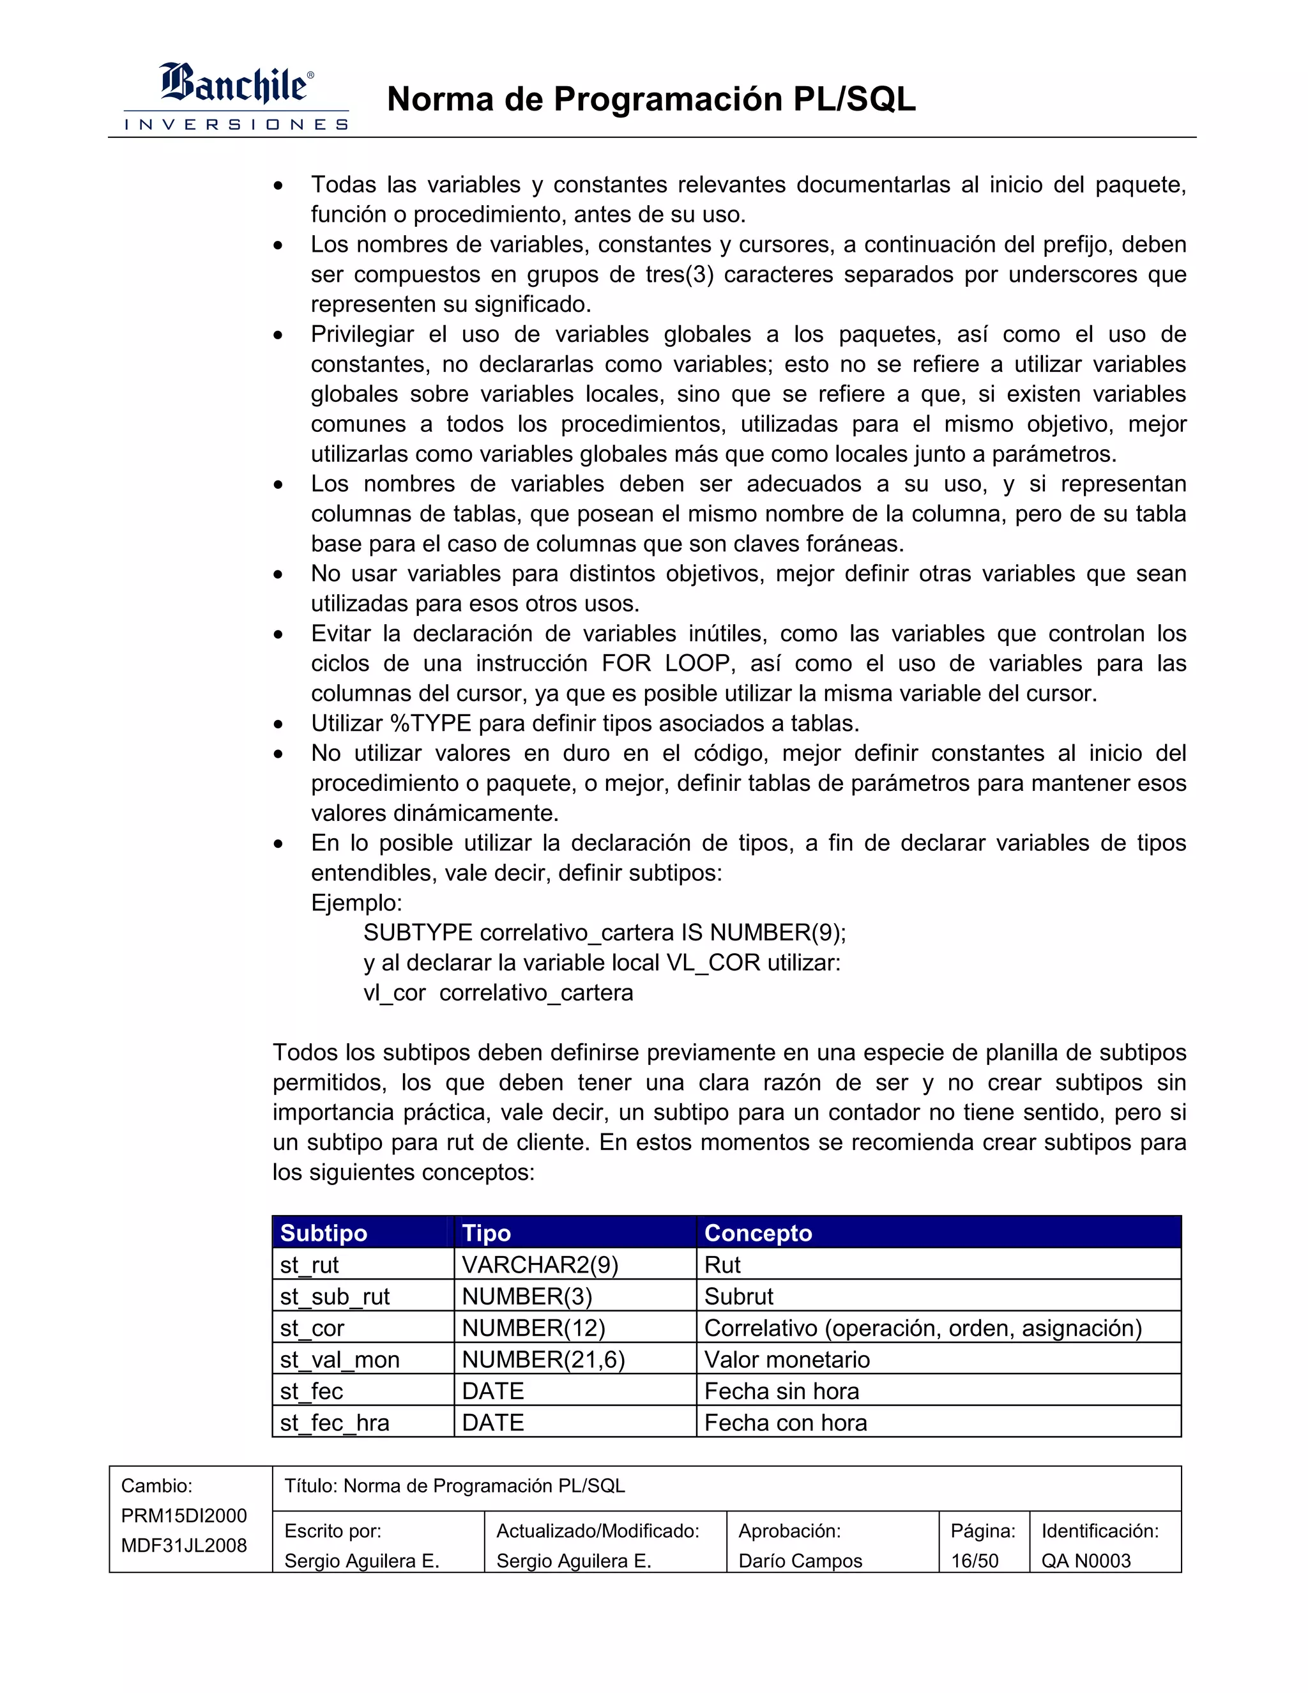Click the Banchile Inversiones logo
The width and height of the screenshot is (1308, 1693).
[236, 96]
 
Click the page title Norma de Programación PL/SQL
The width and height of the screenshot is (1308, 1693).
[651, 99]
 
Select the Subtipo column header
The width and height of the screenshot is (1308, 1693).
[324, 1232]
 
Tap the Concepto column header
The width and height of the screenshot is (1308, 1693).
[758, 1232]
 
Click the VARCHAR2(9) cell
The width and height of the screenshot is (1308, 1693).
[540, 1264]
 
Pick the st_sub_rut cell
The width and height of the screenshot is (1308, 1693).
[335, 1296]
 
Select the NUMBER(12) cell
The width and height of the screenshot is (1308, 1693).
[533, 1328]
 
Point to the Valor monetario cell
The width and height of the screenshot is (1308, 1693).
[786, 1360]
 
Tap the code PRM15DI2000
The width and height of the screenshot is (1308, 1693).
[184, 1515]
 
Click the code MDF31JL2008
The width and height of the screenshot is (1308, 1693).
[184, 1545]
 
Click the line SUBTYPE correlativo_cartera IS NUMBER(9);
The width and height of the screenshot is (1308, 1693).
[604, 933]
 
